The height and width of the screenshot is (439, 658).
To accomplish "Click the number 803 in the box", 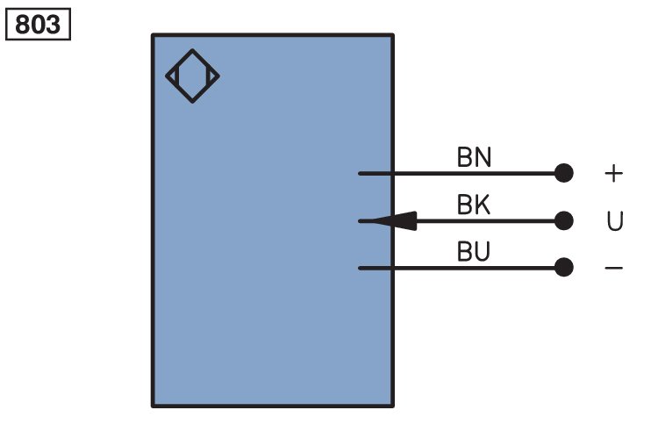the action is coord(38,25).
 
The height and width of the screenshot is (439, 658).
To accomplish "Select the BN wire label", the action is coord(474,157).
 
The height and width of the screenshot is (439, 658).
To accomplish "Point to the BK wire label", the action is coord(474,205).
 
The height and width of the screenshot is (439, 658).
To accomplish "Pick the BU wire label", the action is coord(474,251).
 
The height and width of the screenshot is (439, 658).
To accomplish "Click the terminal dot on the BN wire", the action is coord(563,173).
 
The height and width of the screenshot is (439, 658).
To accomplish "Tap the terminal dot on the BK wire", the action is coord(563,221).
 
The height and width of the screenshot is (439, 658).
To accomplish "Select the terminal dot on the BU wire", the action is coord(563,268).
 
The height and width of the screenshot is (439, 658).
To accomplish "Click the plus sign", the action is coord(613,173).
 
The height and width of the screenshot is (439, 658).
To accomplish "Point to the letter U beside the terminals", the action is coord(615,221).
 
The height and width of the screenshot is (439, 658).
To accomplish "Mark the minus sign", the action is coord(613,268).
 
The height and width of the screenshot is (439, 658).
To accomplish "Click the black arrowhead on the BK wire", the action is coord(395,221).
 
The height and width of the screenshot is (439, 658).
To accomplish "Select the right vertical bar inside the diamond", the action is coord(207,76).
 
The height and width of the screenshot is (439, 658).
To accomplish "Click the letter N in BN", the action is coord(483,157).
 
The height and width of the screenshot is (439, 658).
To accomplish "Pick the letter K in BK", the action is coord(483,205).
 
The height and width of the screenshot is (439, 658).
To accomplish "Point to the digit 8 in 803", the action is coord(23,25).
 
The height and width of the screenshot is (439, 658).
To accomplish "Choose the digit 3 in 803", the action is coord(53,25).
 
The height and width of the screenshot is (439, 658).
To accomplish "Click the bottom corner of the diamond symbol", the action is coord(193,103).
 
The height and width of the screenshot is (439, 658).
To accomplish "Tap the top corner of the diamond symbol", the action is coord(193,49).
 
